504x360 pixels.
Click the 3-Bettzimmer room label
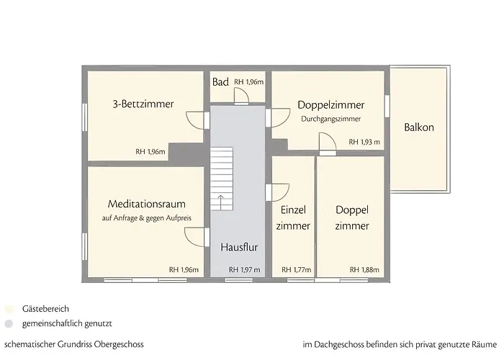(143, 104)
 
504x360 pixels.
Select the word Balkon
(419, 128)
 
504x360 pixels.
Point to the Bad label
(220, 82)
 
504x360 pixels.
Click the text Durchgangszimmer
(330, 119)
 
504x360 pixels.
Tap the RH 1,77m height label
(297, 269)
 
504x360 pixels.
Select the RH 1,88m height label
(364, 269)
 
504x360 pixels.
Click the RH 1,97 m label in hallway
(244, 269)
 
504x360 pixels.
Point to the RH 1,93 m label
(364, 143)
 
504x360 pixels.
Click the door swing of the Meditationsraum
(196, 238)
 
